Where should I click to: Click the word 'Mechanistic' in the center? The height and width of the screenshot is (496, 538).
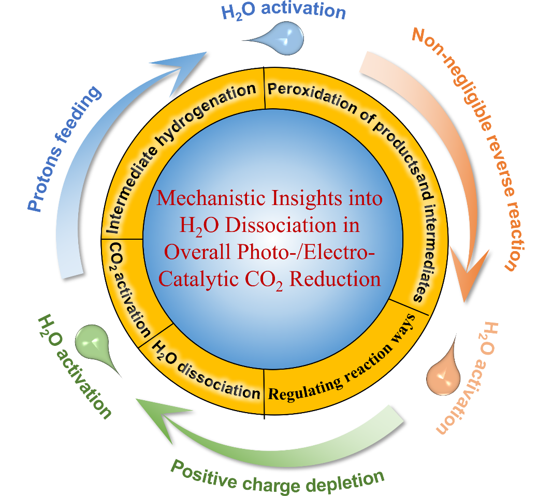pyautogui.click(x=208, y=199)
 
